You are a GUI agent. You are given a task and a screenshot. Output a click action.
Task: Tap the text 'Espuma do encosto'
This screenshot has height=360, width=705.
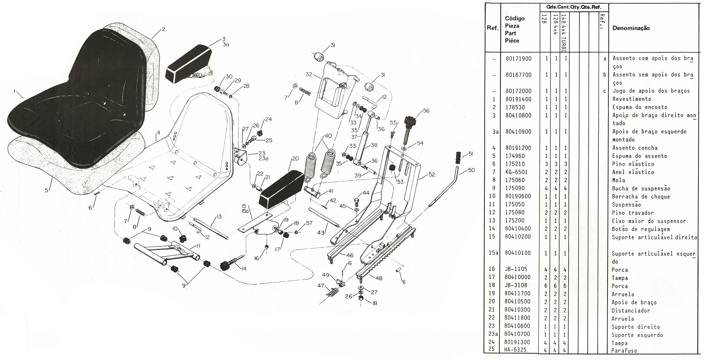(x=640, y=107)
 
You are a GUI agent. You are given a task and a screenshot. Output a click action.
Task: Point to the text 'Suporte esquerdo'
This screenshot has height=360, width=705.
(x=637, y=335)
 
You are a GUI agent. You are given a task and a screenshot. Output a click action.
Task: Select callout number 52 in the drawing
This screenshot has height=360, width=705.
(x=432, y=174)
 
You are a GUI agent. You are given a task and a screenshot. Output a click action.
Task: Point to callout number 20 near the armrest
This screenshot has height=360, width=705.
(x=296, y=159)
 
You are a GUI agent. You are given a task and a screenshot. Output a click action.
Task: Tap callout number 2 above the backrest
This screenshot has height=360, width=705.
(x=164, y=29)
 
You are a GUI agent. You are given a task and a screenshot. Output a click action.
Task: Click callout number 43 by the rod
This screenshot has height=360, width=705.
(x=321, y=233)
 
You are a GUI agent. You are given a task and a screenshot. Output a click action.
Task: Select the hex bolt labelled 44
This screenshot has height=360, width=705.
(x=356, y=203)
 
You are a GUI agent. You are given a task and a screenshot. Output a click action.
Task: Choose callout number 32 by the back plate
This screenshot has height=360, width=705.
(x=309, y=74)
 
